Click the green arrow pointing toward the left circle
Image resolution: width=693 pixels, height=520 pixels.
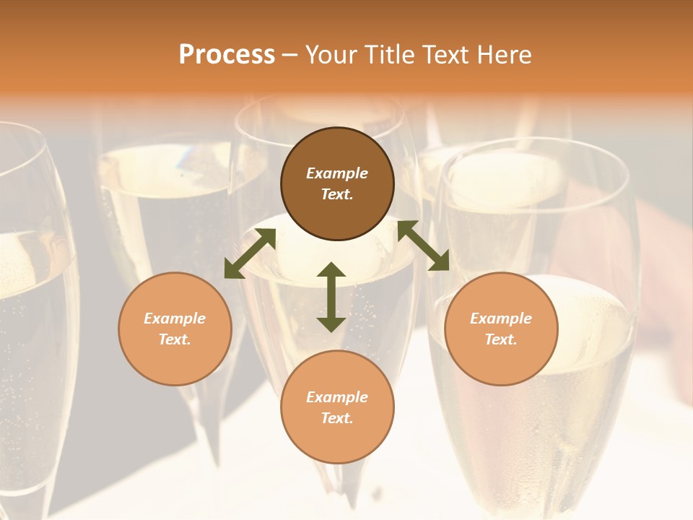250,253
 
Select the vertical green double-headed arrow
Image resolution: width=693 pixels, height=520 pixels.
331,297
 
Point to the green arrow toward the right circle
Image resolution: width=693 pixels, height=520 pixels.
423,246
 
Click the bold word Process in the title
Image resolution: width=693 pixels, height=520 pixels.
227,54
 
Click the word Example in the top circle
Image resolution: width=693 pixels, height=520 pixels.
337,173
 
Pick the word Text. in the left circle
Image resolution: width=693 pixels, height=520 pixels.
175,339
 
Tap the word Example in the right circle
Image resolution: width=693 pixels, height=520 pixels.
501,318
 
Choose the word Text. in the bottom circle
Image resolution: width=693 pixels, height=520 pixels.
337,418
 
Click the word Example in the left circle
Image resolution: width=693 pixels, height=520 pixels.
175,318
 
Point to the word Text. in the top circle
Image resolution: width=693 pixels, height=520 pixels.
337,194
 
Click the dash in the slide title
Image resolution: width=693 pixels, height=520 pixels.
290,55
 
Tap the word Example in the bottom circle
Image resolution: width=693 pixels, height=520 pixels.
337,397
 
